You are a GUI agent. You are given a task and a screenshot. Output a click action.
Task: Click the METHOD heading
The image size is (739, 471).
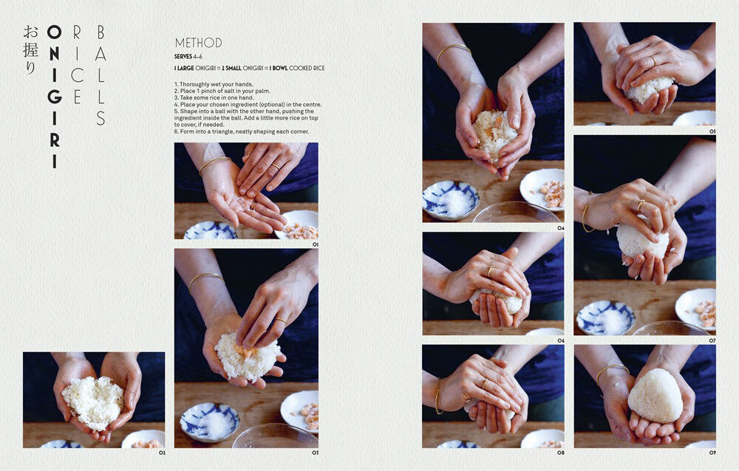pyautogui.click(x=198, y=43)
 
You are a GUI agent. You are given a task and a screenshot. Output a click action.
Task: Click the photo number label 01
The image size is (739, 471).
pyautogui.click(x=314, y=244)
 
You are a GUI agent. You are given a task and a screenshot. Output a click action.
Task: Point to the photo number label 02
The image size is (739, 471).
pyautogui.click(x=161, y=453)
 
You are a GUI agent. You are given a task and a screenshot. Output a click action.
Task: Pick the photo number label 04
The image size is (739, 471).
pyautogui.click(x=560, y=228)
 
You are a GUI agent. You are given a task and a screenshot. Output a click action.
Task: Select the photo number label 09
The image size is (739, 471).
pyautogui.click(x=712, y=453)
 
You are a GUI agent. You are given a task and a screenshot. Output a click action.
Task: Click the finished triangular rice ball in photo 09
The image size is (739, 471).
pyautogui.click(x=655, y=396)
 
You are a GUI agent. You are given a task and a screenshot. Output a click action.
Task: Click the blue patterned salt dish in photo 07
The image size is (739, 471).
pyautogui.click(x=606, y=317)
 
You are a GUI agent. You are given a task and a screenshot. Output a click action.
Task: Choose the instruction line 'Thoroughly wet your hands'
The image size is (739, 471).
pyautogui.click(x=214, y=84)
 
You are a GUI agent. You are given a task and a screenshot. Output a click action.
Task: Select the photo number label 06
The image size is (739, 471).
pyautogui.click(x=560, y=340)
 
